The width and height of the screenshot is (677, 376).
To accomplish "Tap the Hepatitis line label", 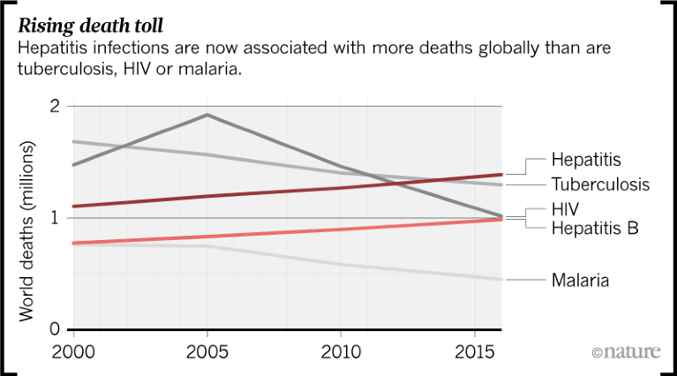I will click(586, 160).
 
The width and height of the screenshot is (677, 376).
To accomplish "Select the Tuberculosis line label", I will click(600, 184).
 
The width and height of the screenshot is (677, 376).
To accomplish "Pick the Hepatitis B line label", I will click(594, 229).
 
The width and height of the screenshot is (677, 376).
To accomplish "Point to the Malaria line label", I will click(581, 281).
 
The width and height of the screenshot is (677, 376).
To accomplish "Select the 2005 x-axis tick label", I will click(207, 351).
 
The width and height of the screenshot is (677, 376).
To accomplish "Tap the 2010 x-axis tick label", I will click(341, 351).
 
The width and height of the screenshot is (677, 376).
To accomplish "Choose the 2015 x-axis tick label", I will click(475, 351).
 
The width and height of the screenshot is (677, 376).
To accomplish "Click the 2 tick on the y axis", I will click(55, 107).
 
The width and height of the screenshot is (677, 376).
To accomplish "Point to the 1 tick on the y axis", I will click(56, 218).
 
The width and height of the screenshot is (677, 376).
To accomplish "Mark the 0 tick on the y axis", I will click(55, 330).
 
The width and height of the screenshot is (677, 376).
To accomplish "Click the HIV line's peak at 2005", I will click(207, 115).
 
